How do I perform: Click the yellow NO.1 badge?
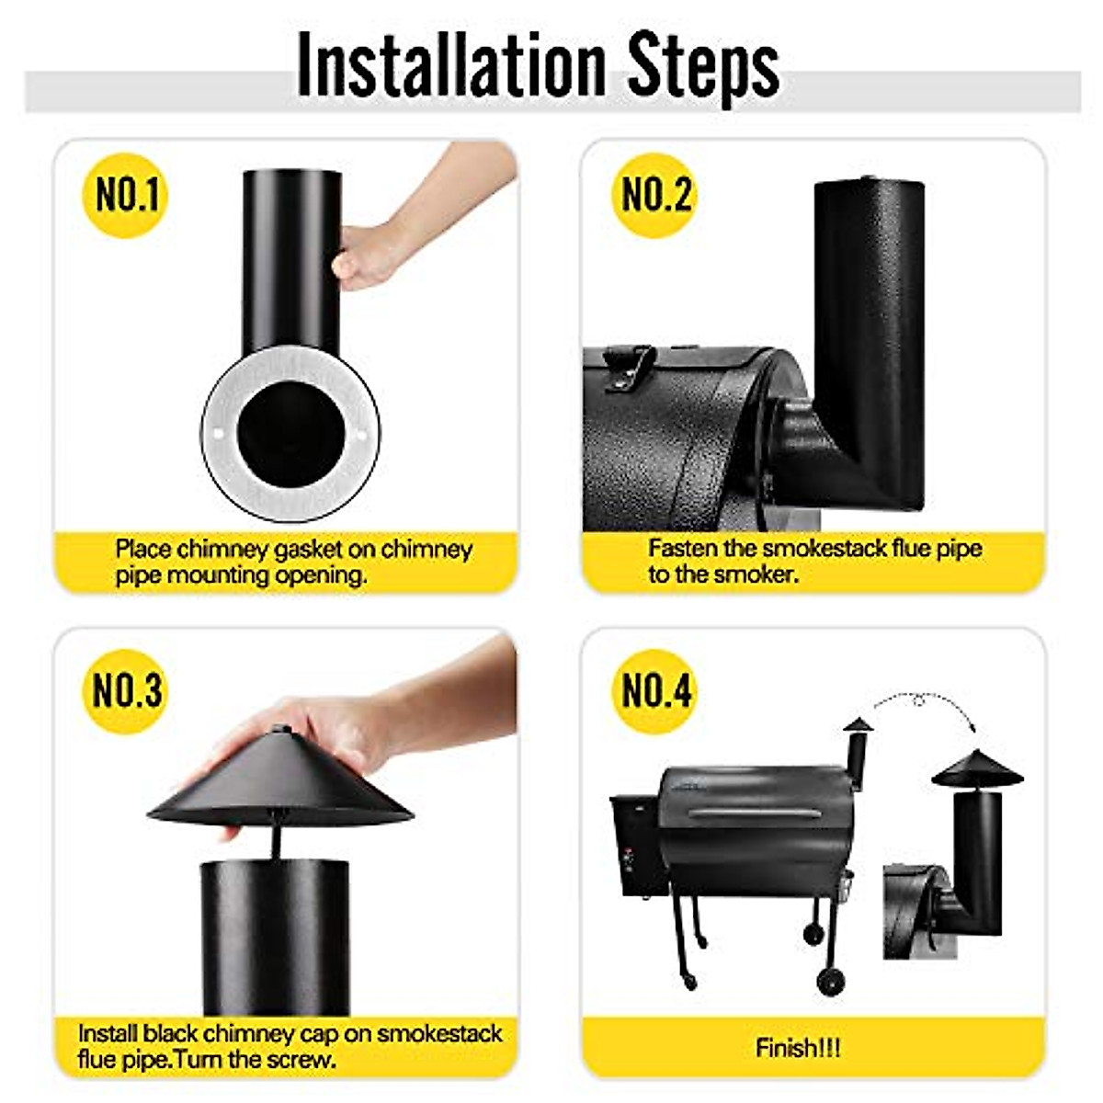click(x=126, y=195)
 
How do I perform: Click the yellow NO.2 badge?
click(x=654, y=195)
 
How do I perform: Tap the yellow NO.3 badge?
click(x=126, y=690)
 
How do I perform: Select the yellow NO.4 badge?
click(x=654, y=690)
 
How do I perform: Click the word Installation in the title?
click(x=450, y=66)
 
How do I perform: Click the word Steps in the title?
click(x=703, y=66)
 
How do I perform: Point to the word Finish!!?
click(x=798, y=1047)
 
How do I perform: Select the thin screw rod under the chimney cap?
click(x=275, y=841)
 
